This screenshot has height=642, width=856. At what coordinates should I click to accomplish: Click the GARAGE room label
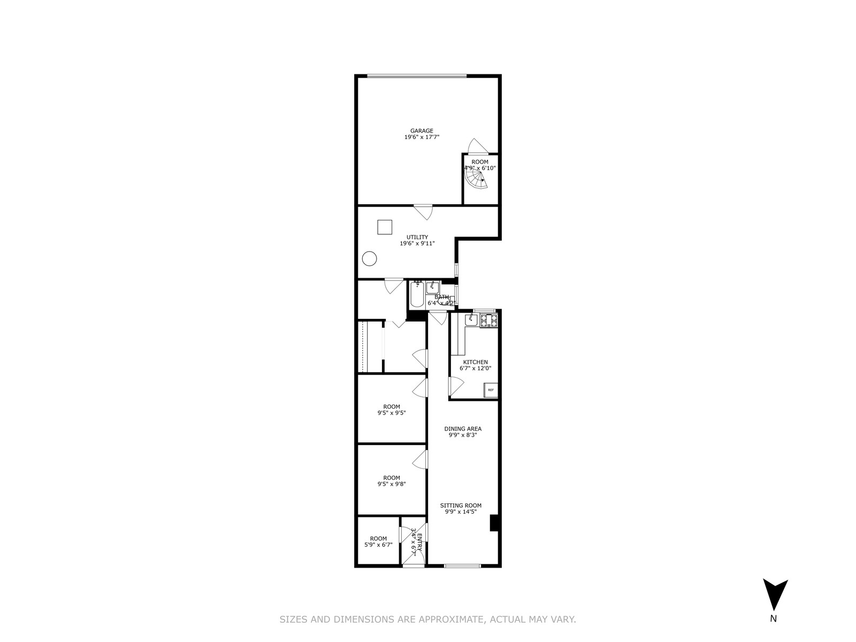click(x=422, y=131)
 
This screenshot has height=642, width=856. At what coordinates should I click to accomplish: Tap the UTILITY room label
click(x=417, y=237)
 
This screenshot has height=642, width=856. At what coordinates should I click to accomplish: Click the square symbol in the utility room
click(x=385, y=227)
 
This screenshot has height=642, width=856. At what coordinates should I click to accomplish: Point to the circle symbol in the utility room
click(x=369, y=259)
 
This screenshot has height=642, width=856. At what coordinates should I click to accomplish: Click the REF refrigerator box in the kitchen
click(x=491, y=390)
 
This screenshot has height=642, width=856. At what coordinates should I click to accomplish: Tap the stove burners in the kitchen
click(x=488, y=320)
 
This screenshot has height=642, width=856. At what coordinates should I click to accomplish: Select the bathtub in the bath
click(x=417, y=294)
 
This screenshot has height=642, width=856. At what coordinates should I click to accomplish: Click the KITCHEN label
click(x=475, y=362)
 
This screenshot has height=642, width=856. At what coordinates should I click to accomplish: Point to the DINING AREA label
click(x=463, y=429)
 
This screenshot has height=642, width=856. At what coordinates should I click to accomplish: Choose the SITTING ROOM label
click(x=461, y=505)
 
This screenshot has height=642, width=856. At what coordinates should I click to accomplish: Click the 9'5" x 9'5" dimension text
click(x=392, y=412)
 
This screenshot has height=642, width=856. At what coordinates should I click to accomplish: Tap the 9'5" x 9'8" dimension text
click(x=392, y=484)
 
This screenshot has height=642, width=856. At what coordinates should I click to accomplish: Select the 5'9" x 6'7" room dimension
click(x=378, y=545)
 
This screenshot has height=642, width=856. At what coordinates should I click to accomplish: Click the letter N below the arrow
click(x=773, y=634)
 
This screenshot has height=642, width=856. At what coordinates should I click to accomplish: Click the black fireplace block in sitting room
click(x=495, y=523)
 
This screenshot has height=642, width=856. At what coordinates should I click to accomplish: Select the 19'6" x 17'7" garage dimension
click(x=422, y=137)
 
